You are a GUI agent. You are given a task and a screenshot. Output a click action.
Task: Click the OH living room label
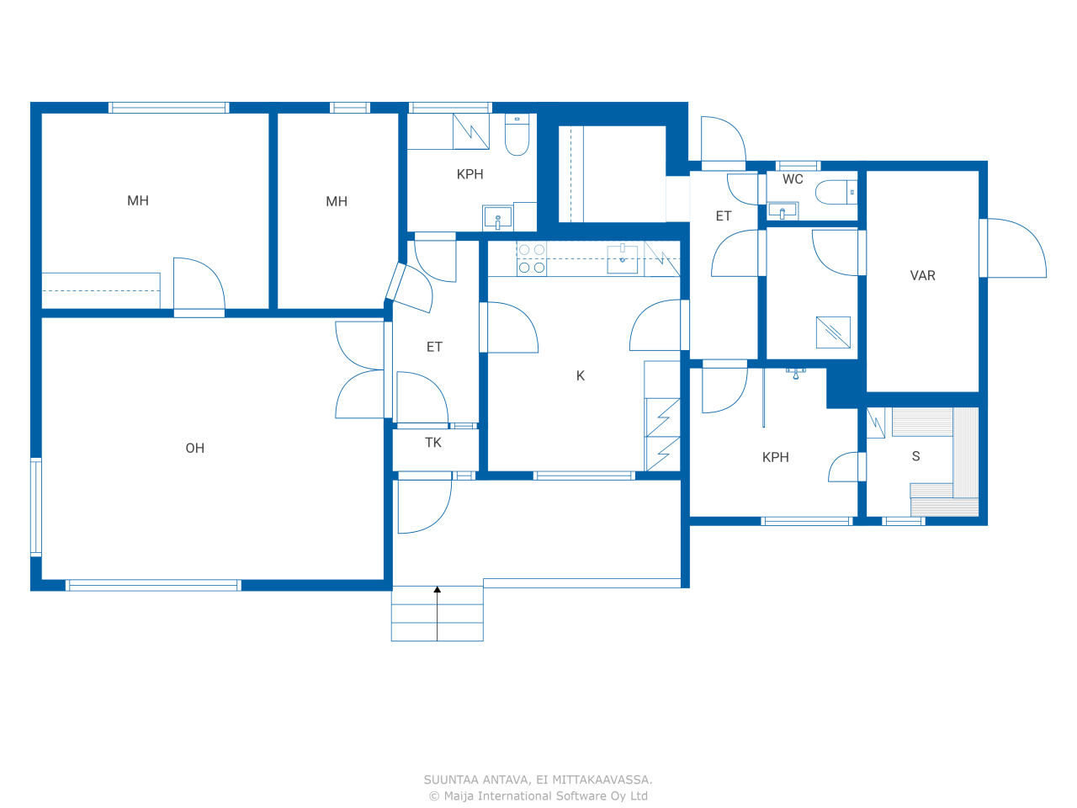(x=195, y=448)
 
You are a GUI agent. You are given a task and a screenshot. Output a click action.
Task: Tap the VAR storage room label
(x=922, y=276)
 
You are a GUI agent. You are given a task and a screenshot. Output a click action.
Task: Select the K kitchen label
(x=581, y=375)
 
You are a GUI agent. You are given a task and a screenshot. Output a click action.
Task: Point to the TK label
(x=433, y=443)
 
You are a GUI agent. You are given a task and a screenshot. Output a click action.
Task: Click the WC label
(x=793, y=179)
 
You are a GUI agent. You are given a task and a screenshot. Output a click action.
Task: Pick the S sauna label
(x=915, y=456)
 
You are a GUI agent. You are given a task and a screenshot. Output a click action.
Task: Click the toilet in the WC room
(x=836, y=192)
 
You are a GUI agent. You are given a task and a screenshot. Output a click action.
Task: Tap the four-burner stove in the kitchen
(x=532, y=258)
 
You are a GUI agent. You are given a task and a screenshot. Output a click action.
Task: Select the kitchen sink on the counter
(x=622, y=258)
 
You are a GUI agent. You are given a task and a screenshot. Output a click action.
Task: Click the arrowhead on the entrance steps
(x=438, y=590)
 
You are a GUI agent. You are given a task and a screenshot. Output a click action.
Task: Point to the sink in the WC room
(x=783, y=211)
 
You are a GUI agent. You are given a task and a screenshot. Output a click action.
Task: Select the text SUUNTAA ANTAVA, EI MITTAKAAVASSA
(x=538, y=779)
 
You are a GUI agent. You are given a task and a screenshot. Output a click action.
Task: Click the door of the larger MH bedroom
(x=199, y=288)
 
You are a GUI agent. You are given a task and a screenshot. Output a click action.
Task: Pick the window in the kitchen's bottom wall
(x=584, y=476)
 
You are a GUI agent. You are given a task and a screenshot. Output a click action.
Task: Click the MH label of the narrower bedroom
(x=337, y=201)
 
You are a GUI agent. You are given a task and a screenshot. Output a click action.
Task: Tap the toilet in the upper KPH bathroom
(x=517, y=135)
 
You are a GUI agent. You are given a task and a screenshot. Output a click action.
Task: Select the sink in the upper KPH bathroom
(x=497, y=218)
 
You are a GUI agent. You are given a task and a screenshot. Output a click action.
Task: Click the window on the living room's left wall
(x=36, y=508)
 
